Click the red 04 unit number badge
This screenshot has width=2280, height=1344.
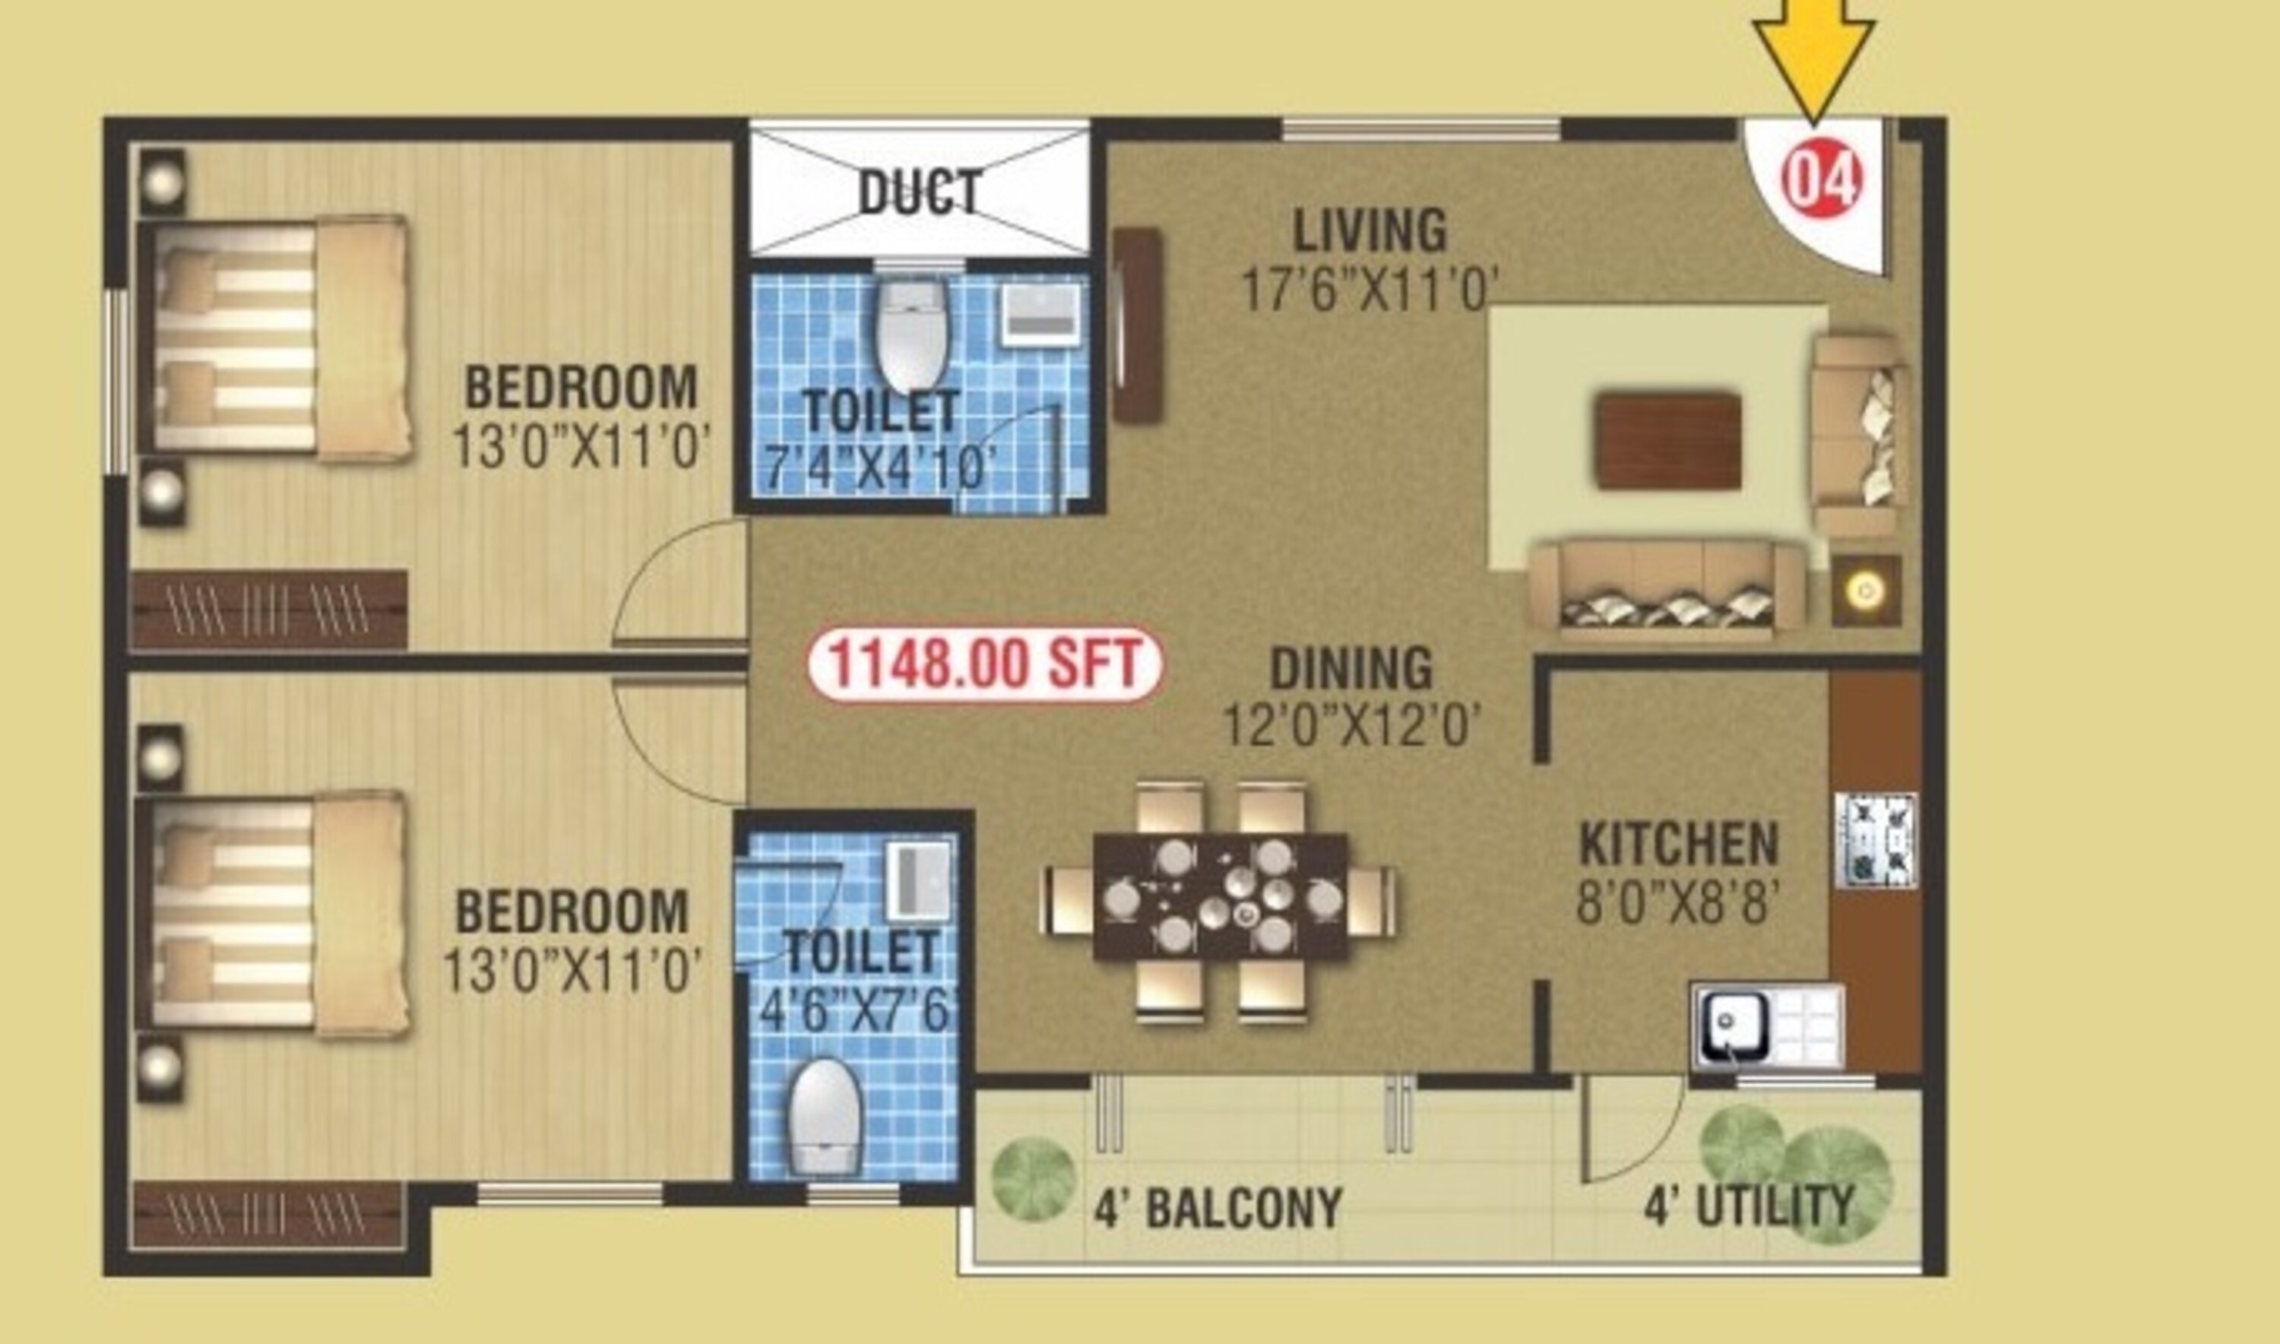[1822, 180]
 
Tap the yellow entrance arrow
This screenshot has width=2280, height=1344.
[1813, 54]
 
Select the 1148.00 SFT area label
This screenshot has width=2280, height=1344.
[984, 664]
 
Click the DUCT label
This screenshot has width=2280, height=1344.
[920, 192]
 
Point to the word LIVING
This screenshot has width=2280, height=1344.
[1369, 231]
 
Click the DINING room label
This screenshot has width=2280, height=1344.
[1351, 669]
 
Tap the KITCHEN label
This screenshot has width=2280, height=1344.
[1679, 844]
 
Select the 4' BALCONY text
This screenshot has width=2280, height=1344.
[1218, 1208]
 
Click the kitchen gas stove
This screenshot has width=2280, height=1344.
[1875, 839]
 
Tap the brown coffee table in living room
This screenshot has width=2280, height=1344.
[1668, 441]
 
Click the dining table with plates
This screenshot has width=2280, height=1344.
[1221, 896]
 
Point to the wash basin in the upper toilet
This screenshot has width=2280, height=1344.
[1041, 313]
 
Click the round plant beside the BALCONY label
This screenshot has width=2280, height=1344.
[1033, 1179]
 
